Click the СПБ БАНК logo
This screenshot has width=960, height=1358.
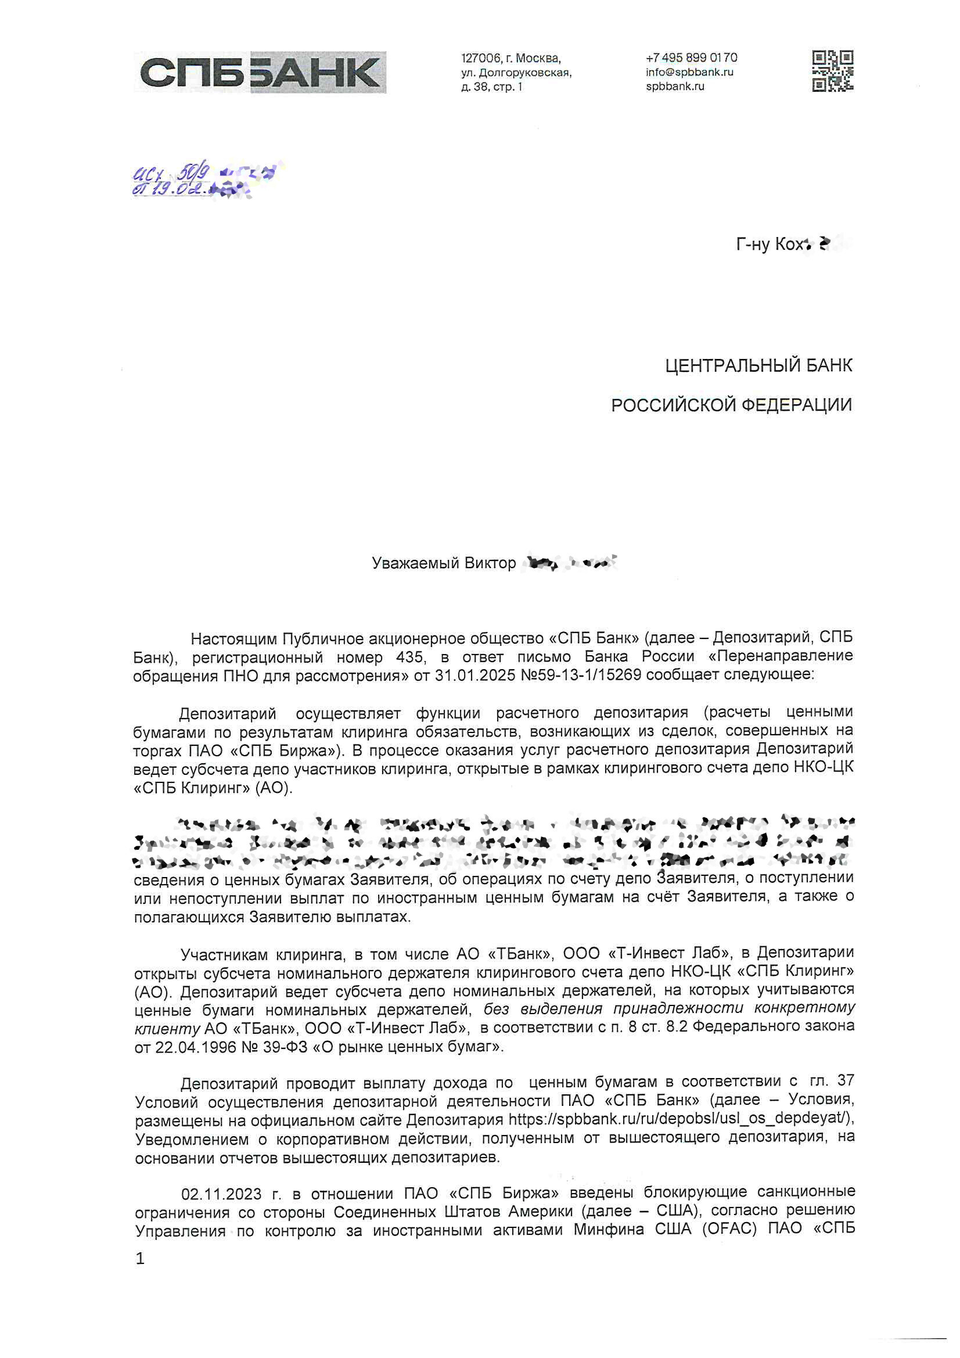tap(260, 72)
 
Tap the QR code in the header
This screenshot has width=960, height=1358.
tap(832, 71)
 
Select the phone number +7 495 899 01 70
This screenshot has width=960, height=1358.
tap(691, 58)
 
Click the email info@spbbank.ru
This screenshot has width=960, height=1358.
tap(689, 72)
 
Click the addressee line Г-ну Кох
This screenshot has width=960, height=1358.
tap(770, 244)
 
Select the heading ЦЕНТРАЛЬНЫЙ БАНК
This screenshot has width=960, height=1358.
tap(758, 365)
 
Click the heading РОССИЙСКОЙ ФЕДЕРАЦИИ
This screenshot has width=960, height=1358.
tap(731, 405)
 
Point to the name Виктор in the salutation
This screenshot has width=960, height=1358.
tap(490, 562)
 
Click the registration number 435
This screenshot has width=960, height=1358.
tap(410, 656)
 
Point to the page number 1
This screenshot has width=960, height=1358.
tap(140, 1259)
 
